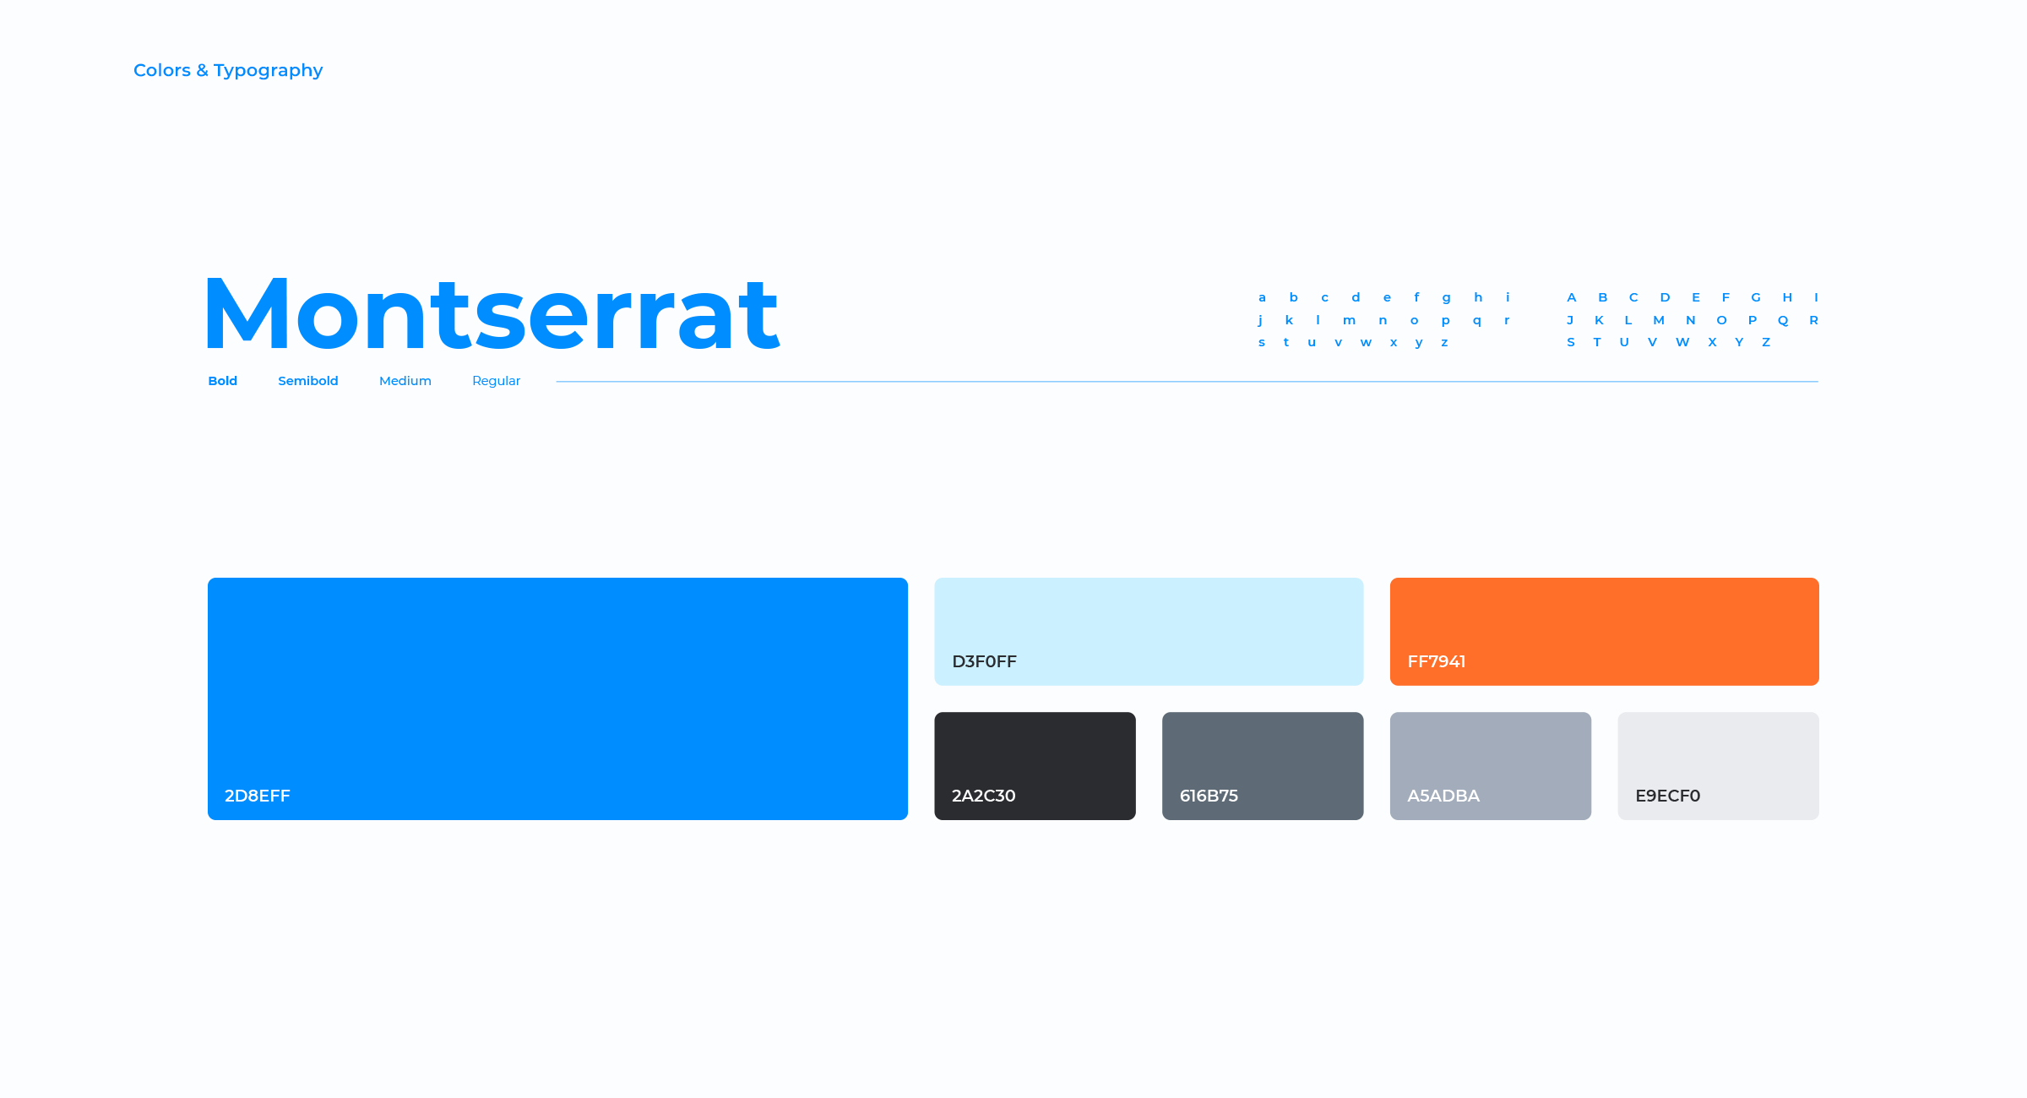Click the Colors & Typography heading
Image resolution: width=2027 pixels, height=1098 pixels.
click(228, 71)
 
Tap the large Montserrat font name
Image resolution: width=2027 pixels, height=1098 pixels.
click(492, 314)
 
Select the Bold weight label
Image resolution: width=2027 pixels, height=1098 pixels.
click(223, 381)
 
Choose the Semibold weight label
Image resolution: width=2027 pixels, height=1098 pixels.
click(308, 381)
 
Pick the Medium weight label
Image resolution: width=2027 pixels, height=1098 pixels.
click(405, 381)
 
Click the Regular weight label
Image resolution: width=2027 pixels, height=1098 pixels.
click(497, 382)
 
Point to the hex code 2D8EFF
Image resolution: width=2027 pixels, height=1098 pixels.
click(258, 796)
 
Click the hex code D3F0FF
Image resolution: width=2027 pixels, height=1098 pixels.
click(985, 661)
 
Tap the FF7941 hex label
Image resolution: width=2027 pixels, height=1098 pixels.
click(1437, 661)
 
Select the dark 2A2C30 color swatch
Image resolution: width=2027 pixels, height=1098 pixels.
click(1035, 766)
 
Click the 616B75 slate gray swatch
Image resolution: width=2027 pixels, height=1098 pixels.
click(1263, 766)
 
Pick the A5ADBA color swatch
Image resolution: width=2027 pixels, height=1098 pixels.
click(1491, 766)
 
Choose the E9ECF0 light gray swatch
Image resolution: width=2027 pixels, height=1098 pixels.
click(1719, 766)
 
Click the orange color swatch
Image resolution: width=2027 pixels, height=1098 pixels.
click(1605, 632)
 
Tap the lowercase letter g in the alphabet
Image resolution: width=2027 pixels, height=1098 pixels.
click(1447, 298)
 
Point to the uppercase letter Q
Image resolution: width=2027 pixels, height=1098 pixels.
click(1783, 320)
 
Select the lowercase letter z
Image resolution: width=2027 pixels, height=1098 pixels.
click(1445, 343)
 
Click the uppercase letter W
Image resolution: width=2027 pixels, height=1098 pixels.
click(1682, 342)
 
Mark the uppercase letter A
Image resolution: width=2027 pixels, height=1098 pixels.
click(1572, 297)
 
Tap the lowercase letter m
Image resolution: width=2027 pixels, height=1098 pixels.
click(1350, 321)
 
